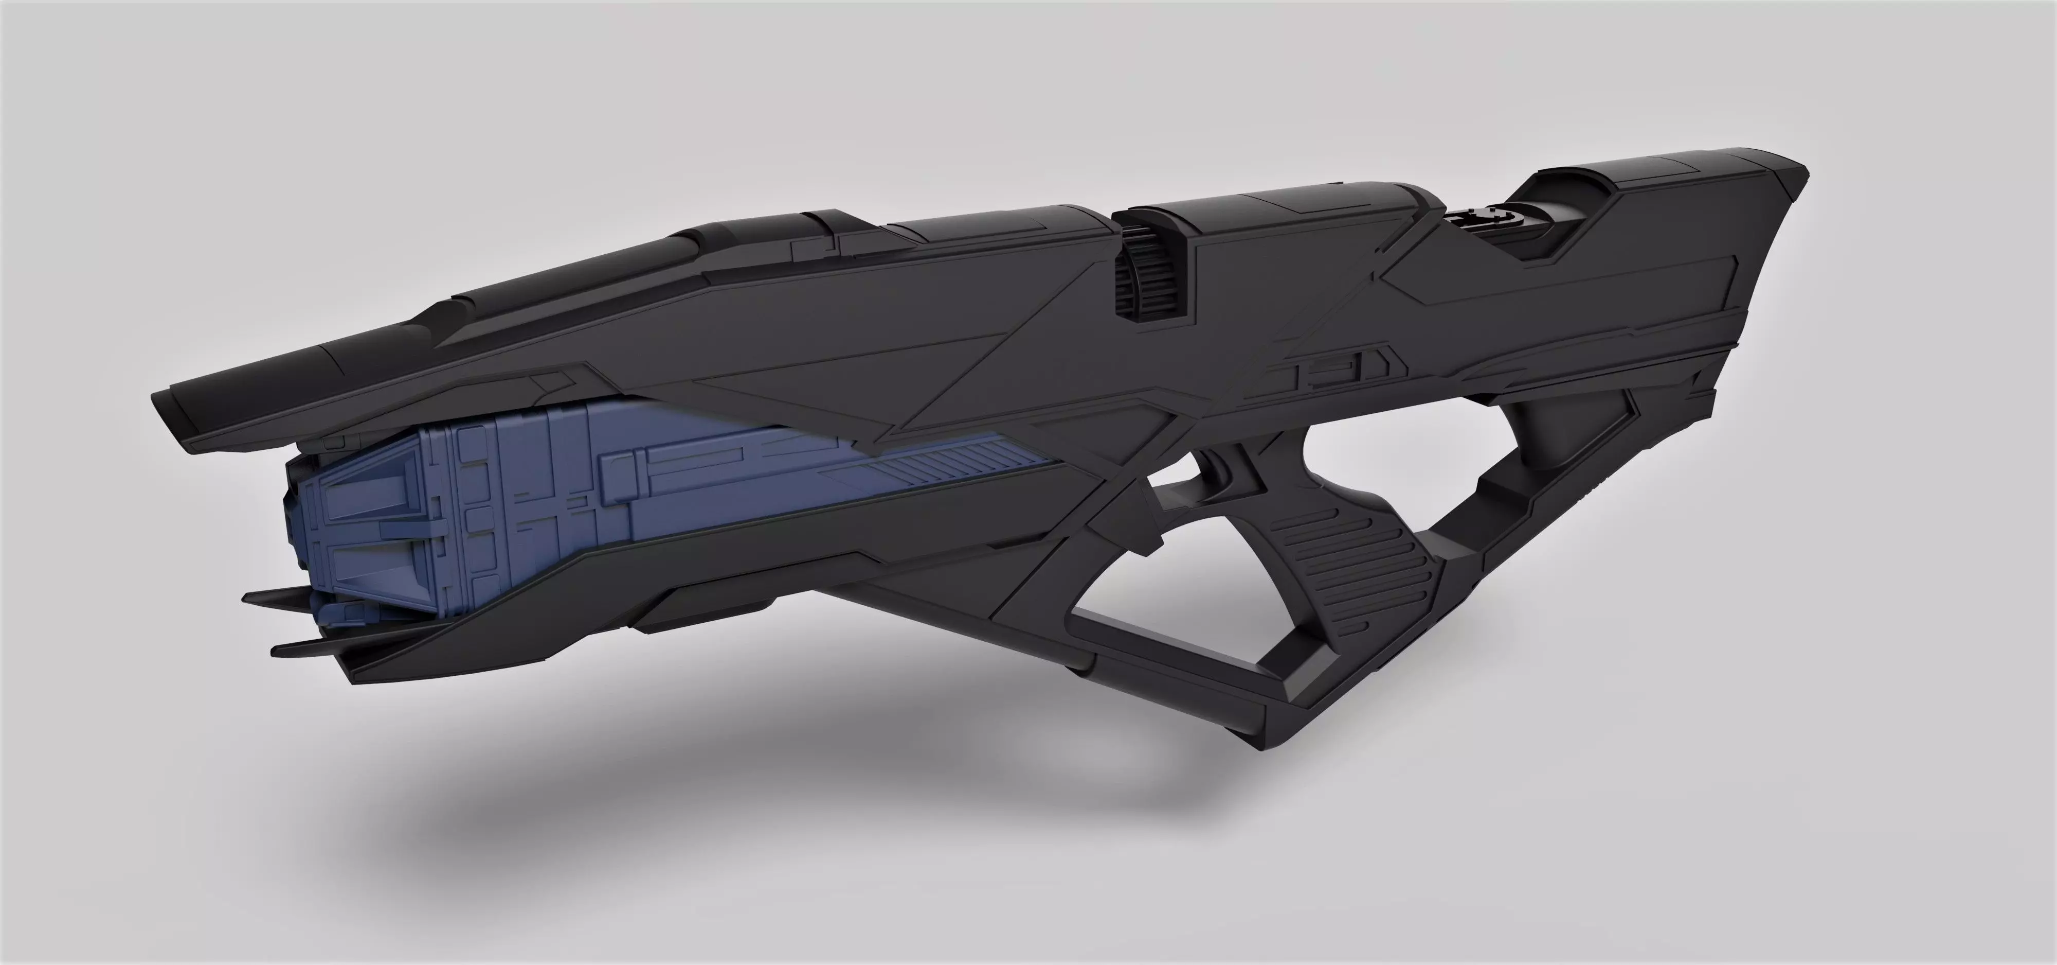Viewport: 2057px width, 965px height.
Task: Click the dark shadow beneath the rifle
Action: click(x=799, y=799)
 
